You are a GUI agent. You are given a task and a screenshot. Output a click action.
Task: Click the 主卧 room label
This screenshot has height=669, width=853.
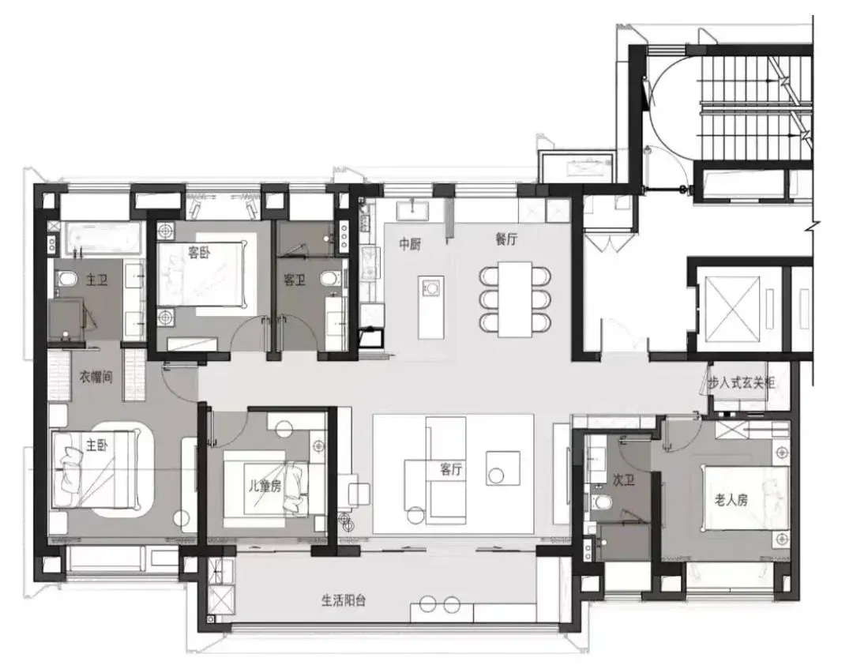tap(97, 445)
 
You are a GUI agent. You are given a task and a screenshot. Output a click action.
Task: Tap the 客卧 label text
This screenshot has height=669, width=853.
tap(199, 253)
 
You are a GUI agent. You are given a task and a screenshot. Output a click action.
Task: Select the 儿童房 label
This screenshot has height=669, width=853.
tap(265, 486)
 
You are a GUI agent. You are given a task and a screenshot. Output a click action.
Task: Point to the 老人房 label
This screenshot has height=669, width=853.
tap(731, 499)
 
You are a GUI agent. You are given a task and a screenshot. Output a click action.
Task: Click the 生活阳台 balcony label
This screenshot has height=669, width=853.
tap(344, 600)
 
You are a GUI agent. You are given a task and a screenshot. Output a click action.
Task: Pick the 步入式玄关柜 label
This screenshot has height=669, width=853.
tap(741, 383)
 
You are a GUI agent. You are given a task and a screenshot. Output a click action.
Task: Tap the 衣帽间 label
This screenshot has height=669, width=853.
tap(96, 377)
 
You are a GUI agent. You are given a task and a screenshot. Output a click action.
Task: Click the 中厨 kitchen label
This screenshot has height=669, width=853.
tap(410, 244)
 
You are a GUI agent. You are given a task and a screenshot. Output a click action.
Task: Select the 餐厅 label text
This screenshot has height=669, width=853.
tap(506, 239)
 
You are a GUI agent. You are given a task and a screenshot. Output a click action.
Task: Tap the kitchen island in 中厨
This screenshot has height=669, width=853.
tap(431, 307)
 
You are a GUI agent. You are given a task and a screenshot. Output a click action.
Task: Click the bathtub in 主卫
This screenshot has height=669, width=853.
tap(103, 239)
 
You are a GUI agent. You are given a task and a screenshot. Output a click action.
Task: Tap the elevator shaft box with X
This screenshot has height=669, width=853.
tap(731, 307)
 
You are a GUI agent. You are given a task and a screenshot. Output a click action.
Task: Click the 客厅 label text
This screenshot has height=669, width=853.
tap(451, 469)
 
